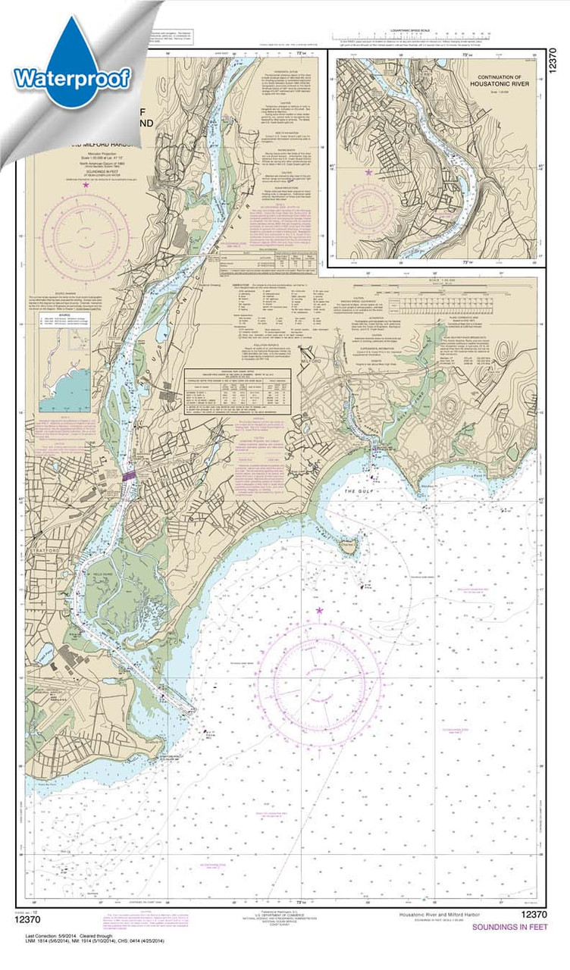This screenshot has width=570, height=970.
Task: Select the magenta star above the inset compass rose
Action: pyautogui.click(x=369, y=173)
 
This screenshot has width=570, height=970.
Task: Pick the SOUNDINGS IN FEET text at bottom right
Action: pyautogui.click(x=508, y=927)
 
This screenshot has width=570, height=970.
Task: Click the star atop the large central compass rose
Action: pyautogui.click(x=319, y=610)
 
